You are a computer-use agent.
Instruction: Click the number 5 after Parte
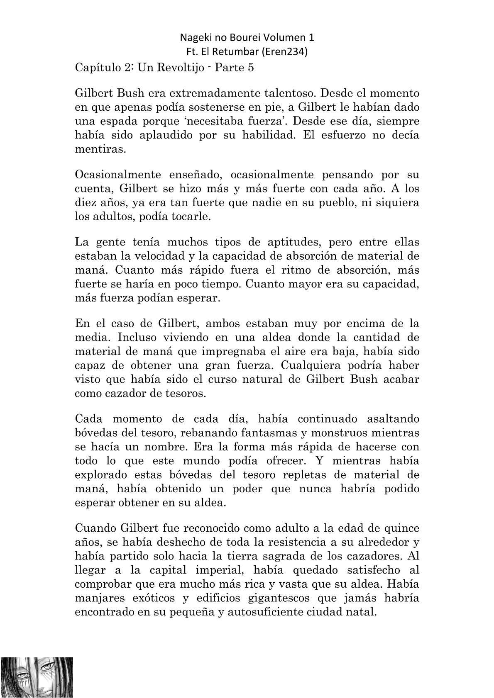250,68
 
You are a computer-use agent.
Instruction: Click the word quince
400,528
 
